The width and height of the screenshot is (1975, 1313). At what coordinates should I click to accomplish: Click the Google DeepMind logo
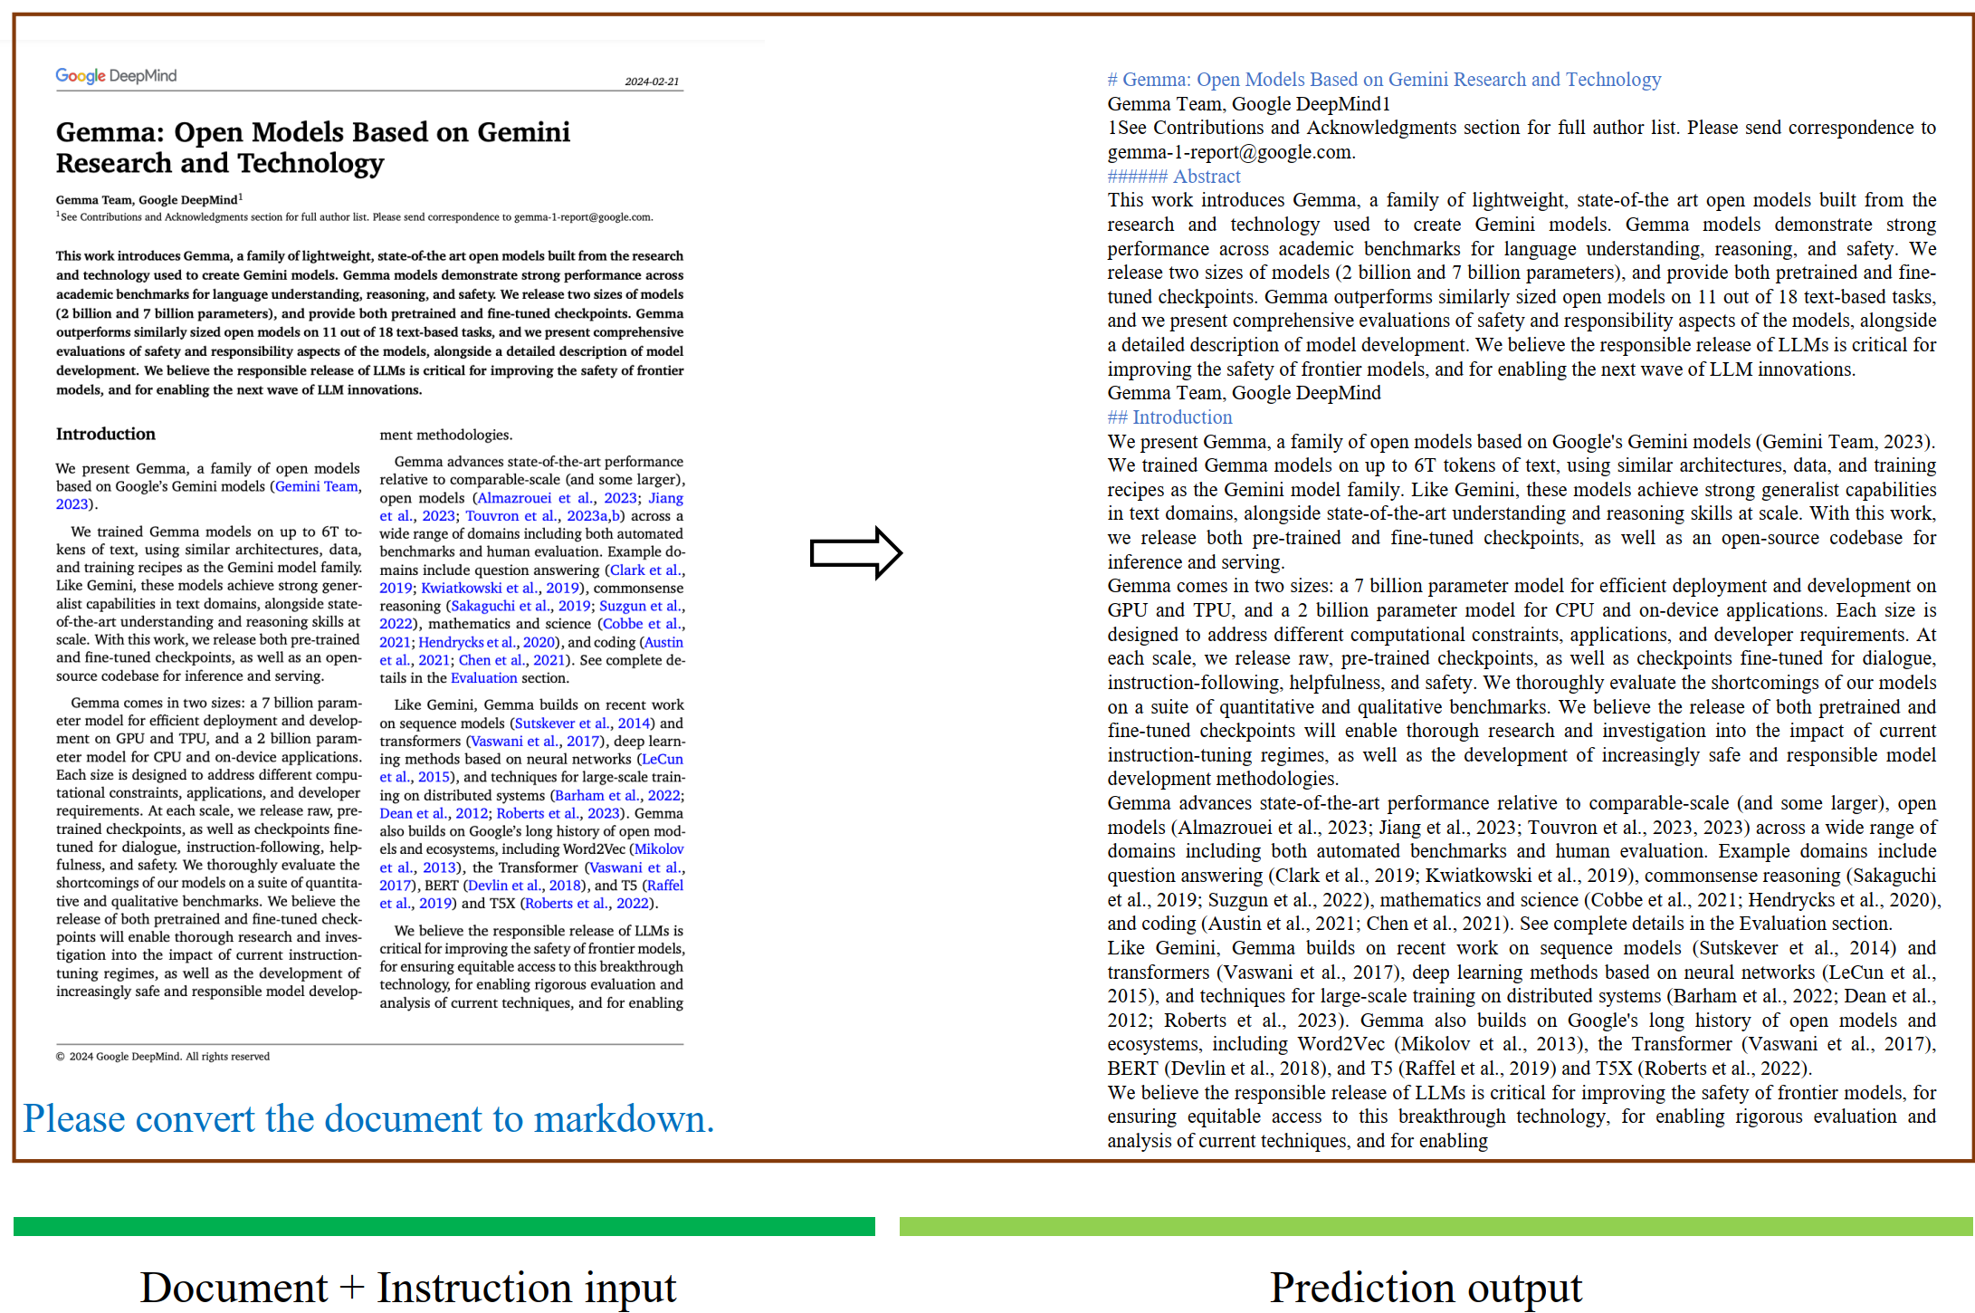116,76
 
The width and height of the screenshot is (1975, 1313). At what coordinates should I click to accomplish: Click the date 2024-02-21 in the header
652,81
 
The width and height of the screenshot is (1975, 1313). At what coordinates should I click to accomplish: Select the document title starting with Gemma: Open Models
312,148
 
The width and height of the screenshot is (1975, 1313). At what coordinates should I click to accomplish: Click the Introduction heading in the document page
106,434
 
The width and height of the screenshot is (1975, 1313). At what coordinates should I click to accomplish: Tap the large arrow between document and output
855,552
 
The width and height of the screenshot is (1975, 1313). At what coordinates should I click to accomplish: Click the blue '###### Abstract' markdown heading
1174,177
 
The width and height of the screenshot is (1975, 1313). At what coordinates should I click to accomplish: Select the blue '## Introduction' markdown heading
1169,417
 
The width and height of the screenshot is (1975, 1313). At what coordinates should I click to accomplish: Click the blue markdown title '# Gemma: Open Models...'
1384,80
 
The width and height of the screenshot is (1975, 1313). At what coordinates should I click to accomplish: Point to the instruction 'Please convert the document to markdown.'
368,1119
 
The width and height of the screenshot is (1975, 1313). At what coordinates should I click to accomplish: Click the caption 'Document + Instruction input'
408,1287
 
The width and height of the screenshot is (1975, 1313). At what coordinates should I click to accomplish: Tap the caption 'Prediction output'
1426,1287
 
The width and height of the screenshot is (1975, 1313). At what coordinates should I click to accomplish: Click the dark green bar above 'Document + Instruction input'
444,1226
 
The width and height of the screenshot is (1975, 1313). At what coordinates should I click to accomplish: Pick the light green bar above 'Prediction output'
1436,1226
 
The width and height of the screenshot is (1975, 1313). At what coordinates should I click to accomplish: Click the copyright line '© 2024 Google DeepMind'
163,1057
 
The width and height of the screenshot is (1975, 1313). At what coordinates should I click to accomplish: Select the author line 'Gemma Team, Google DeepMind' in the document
147,200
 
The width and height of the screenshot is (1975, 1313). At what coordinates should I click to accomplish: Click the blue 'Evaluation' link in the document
483,678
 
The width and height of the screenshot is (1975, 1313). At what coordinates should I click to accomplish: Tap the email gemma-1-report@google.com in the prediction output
1231,152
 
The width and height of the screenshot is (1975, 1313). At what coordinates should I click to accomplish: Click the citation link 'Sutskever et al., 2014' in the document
582,724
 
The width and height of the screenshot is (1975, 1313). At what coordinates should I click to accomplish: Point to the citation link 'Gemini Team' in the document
317,486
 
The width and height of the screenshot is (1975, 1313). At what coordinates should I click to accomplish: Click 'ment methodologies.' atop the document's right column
445,435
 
